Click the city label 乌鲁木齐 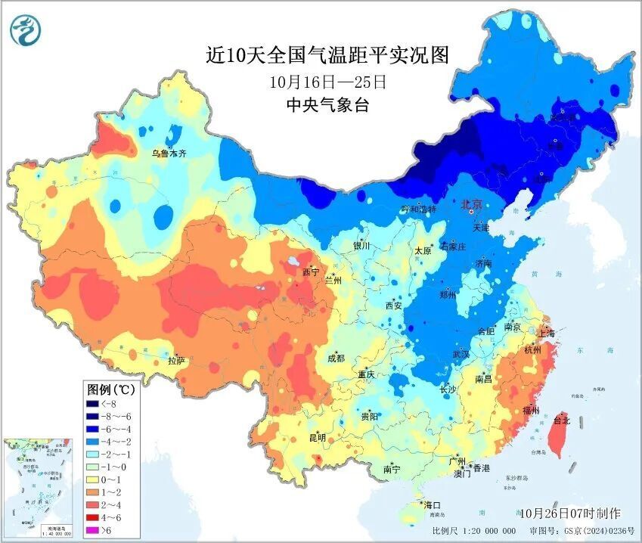[x=168, y=153]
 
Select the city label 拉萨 [x=177, y=361]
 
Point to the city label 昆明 [x=317, y=437]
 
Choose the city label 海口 [x=433, y=504]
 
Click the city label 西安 [x=394, y=306]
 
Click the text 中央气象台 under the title [x=327, y=105]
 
